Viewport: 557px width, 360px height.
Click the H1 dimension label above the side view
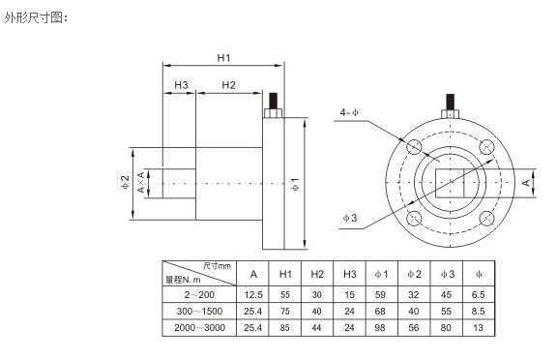tap(223, 57)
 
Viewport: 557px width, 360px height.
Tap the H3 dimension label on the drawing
tap(181, 85)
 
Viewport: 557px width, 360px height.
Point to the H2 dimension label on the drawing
tap(228, 85)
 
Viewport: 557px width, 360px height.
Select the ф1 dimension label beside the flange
tap(295, 184)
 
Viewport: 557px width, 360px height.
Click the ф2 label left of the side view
tap(125, 182)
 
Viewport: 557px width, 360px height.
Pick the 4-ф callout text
tap(349, 112)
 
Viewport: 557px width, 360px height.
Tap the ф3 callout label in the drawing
tap(350, 218)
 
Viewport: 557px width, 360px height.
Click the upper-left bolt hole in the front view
tap(414, 147)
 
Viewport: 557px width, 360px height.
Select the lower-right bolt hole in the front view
tap(486, 219)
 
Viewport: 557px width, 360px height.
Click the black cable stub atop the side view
tap(273, 101)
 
